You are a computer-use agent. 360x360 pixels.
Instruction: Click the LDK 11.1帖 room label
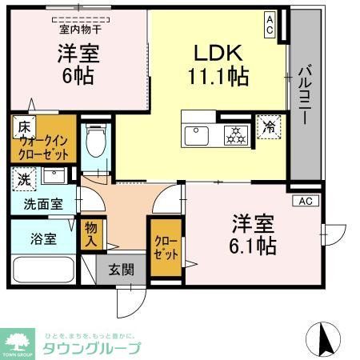pyautogui.click(x=217, y=65)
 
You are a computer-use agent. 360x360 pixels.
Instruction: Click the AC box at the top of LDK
pyautogui.click(x=270, y=23)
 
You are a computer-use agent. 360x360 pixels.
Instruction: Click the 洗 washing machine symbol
pyautogui.click(x=23, y=180)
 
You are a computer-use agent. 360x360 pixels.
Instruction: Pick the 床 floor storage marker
pyautogui.click(x=24, y=127)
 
